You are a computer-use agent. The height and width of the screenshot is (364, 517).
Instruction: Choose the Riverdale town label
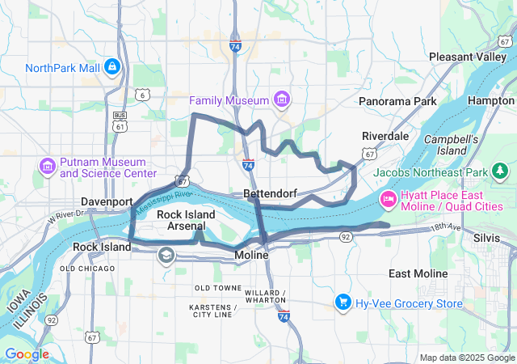pyautogui.click(x=385, y=135)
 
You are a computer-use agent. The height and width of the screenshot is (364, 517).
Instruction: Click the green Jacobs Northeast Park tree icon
pyautogui.click(x=500, y=171)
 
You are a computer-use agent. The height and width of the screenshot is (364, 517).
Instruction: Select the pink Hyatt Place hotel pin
pyautogui.click(x=388, y=198)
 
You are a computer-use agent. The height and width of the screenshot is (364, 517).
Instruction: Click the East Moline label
pyautogui.click(x=418, y=273)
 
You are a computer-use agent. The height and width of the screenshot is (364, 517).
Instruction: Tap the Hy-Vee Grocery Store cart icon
pyautogui.click(x=343, y=303)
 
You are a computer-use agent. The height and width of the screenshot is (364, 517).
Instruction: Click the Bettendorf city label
pyautogui.click(x=271, y=194)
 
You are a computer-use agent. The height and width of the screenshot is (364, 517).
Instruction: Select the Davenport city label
pyautogui.click(x=107, y=201)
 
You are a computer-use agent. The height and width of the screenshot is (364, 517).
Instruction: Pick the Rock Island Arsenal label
pyautogui.click(x=186, y=220)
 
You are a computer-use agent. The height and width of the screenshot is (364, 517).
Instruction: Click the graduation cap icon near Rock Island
pyautogui.click(x=166, y=256)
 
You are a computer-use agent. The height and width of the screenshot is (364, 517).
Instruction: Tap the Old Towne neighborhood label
pyautogui.click(x=218, y=288)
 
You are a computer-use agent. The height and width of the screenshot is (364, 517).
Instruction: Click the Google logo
pyautogui.click(x=27, y=354)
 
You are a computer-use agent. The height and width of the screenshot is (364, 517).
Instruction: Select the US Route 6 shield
pyautogui.click(x=142, y=95)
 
